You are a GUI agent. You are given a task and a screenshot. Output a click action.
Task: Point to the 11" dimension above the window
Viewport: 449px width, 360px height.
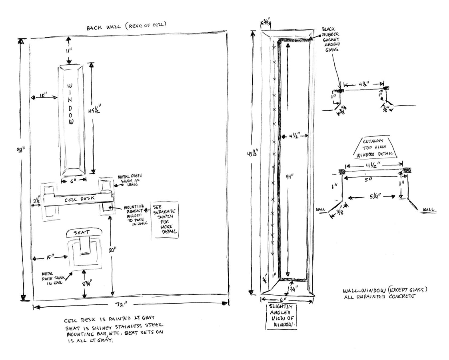coord(69,51)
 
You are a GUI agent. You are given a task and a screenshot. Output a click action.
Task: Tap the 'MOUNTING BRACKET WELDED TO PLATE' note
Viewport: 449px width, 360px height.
coord(134,216)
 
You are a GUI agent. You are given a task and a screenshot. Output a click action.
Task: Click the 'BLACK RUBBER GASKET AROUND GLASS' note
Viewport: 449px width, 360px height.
coord(330,40)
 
